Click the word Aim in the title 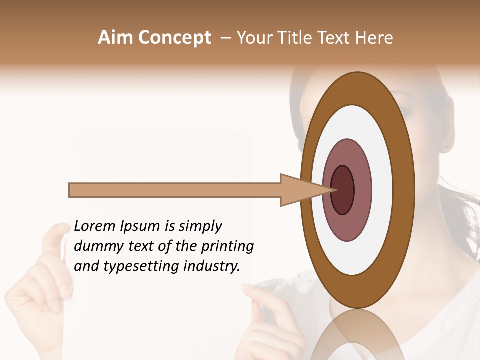point(115,38)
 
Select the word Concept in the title point(174,38)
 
